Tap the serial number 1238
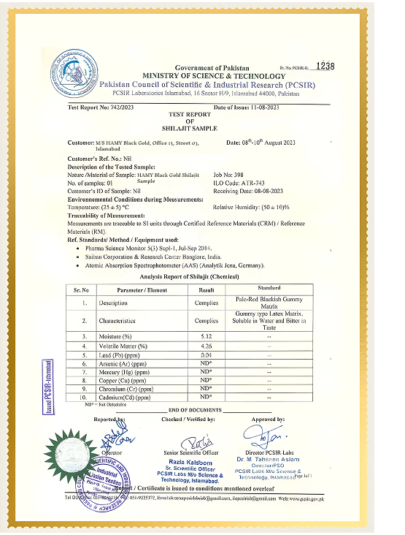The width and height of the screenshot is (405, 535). point(325,66)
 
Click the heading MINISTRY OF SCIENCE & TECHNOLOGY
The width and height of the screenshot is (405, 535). point(214,76)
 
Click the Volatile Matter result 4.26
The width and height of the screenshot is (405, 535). point(207,346)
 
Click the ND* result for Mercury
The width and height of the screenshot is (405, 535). point(207,372)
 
